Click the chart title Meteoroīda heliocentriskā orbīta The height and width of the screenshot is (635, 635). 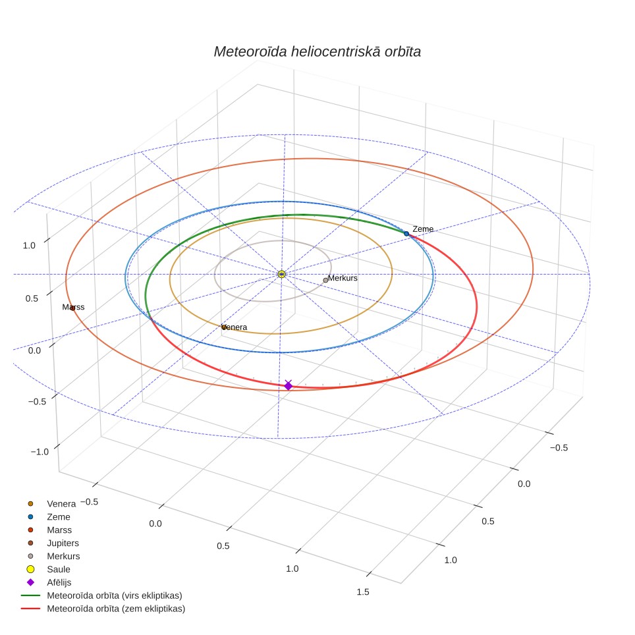click(x=317, y=52)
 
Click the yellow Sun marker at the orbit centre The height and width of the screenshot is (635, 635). click(x=282, y=274)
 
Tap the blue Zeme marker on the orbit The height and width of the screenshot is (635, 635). click(x=406, y=234)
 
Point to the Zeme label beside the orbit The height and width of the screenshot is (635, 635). click(x=423, y=229)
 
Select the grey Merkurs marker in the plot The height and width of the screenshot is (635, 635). click(x=325, y=280)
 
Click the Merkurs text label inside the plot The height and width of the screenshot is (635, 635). click(x=343, y=278)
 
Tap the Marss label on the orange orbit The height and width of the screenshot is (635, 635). click(x=73, y=307)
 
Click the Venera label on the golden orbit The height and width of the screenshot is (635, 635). click(x=235, y=327)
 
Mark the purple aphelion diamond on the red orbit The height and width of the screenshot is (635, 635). click(x=288, y=385)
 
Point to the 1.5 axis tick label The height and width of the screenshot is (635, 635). click(x=363, y=592)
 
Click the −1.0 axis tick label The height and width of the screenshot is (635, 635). click(x=40, y=452)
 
